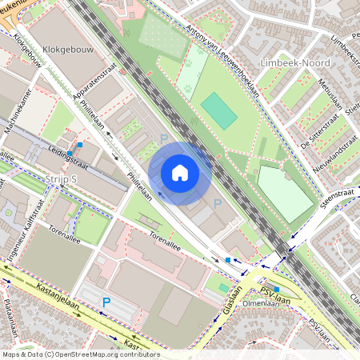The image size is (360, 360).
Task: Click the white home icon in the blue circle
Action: [180, 172]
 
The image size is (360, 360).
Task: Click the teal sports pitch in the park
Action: [219, 110]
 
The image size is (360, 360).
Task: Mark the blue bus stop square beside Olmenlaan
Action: [277, 290]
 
